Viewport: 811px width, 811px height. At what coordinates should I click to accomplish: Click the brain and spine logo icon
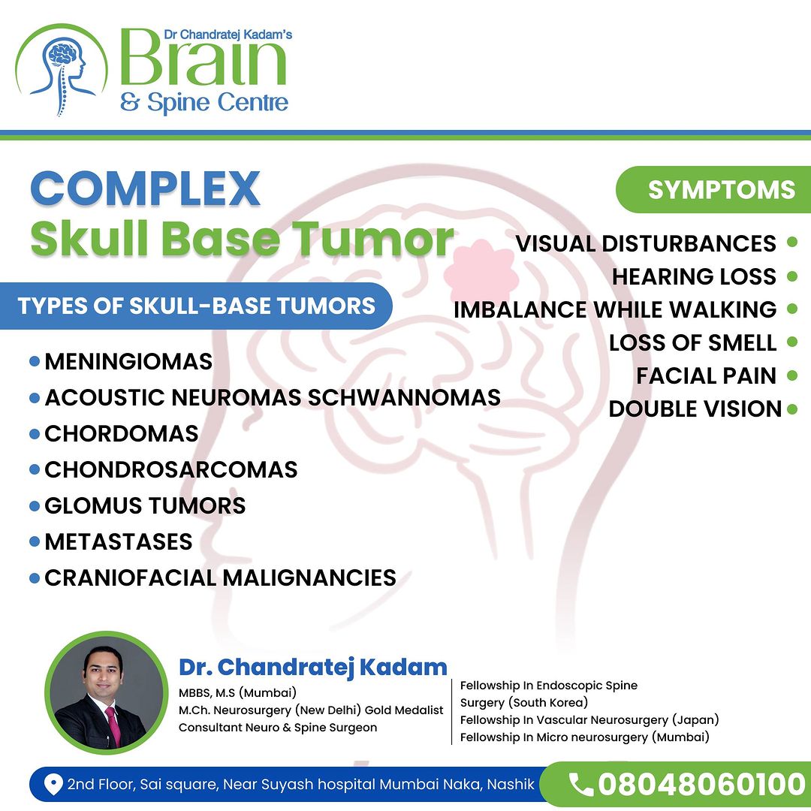click(x=61, y=69)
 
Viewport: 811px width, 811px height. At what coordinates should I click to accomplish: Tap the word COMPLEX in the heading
click(x=145, y=188)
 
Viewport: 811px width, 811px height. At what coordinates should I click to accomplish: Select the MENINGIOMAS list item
click(x=128, y=361)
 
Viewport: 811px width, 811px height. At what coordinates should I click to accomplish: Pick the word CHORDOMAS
click(x=122, y=433)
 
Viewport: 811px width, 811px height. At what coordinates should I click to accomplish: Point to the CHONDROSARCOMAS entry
click(x=171, y=469)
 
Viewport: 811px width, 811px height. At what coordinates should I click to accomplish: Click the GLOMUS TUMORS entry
click(x=145, y=506)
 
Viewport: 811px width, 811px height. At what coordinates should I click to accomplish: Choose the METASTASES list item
click(x=119, y=542)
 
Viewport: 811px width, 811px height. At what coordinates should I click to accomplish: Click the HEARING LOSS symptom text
click(x=694, y=276)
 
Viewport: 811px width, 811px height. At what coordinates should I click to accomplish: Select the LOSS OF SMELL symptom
click(x=692, y=342)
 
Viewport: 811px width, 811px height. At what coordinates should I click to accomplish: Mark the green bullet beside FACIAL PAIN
click(x=792, y=375)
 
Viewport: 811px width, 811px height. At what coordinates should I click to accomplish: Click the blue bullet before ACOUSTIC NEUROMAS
click(x=35, y=398)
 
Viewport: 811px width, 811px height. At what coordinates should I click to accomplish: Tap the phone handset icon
click(x=580, y=784)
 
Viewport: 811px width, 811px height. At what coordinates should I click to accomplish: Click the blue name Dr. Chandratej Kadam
click(x=313, y=668)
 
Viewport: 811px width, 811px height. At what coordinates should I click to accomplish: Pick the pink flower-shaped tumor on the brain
click(x=481, y=273)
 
